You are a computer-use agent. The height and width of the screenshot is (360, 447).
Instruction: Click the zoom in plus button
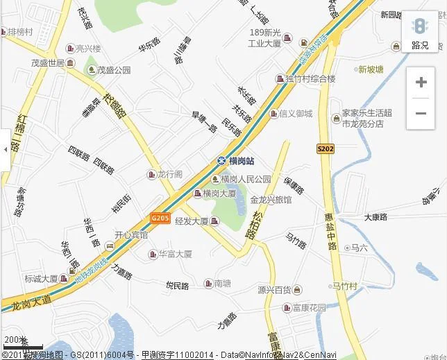(421, 83)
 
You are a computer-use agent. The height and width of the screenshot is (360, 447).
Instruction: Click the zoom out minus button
(421, 113)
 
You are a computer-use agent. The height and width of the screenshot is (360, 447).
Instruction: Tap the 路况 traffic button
(420, 33)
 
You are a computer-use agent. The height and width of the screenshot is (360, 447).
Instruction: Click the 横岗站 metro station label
(241, 161)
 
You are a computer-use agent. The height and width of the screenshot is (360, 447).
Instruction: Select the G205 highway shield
(160, 218)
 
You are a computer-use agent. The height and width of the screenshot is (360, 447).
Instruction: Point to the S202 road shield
(325, 148)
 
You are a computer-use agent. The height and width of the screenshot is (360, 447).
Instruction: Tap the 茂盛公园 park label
(113, 70)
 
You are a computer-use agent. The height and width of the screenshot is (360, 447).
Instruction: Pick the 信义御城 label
(295, 114)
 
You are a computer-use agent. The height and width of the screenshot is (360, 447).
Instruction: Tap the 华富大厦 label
(175, 254)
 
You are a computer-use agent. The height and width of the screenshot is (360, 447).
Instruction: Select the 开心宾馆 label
(130, 235)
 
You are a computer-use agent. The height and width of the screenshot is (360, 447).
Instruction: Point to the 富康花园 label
(308, 307)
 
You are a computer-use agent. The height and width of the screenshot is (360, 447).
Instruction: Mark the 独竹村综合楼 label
(310, 78)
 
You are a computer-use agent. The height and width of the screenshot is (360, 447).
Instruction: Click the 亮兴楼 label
(88, 49)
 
